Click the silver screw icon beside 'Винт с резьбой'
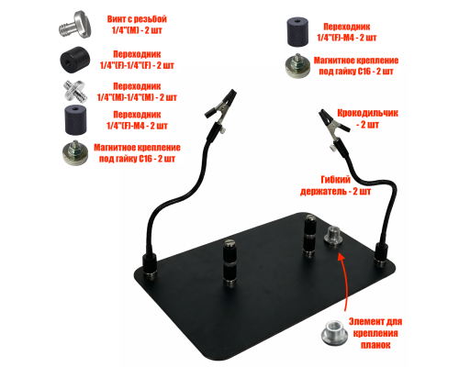click(74, 25)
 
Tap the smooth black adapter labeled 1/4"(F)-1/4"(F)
click(74, 60)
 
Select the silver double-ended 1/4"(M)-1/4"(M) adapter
click(75, 91)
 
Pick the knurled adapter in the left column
click(75, 119)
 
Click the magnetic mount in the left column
click(75, 153)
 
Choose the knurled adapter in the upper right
click(297, 32)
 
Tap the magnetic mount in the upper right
click(297, 66)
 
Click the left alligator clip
click(220, 109)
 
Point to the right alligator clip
click(333, 126)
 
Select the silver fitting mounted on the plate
click(333, 236)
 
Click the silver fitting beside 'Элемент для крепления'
click(334, 333)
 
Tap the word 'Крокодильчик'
click(367, 113)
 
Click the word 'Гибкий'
click(335, 180)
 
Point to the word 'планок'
click(375, 345)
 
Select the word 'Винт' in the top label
click(116, 19)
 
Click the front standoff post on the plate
click(229, 262)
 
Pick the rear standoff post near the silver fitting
click(309, 236)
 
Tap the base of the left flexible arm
click(150, 265)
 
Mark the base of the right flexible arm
click(382, 254)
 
